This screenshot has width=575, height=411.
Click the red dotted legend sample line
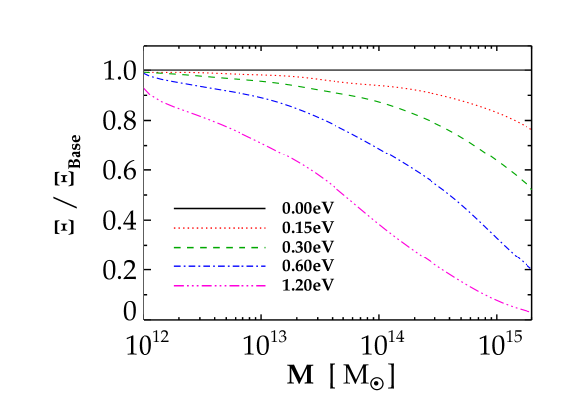click(x=220, y=228)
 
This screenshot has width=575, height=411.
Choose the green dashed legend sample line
click(x=220, y=247)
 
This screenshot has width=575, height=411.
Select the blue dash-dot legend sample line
click(x=220, y=266)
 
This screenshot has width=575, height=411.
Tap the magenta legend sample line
click(x=220, y=286)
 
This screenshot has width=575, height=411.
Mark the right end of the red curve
click(x=531, y=130)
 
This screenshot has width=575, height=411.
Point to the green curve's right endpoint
click(x=531, y=189)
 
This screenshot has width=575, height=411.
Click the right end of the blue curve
click(x=531, y=268)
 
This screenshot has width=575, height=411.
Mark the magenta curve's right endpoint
click(x=530, y=312)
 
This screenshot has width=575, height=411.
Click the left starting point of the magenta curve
click(x=144, y=88)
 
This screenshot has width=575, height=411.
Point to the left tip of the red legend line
click(x=174, y=228)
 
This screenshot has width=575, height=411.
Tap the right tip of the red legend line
click(x=266, y=228)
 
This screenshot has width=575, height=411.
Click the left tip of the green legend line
click(x=174, y=247)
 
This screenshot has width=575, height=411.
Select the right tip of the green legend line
click(x=266, y=247)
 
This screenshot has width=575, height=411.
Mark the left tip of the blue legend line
click(x=174, y=266)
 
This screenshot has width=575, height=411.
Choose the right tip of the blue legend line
click(x=266, y=266)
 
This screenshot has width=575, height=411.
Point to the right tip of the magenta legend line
click(x=266, y=286)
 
